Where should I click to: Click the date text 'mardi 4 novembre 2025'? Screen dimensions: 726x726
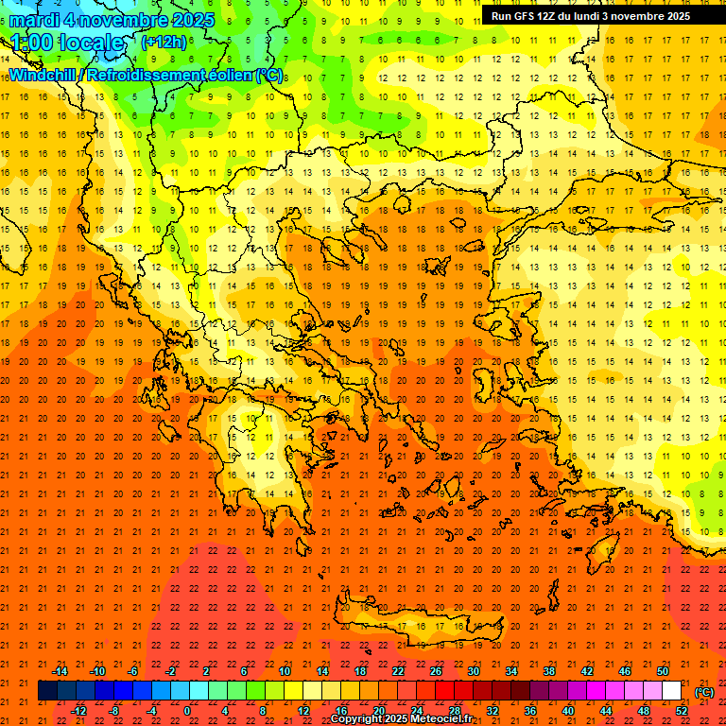(112, 20)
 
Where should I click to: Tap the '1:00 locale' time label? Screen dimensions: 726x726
(67, 43)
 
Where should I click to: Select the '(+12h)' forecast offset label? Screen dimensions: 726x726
(164, 42)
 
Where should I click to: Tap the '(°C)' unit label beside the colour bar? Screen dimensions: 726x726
(704, 692)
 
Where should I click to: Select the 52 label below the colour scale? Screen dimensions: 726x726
(683, 711)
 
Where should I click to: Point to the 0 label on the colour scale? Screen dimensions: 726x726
(187, 711)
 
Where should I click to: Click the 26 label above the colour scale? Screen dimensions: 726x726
(436, 671)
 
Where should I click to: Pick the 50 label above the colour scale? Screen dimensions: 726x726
(663, 671)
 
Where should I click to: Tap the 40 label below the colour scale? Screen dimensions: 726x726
(568, 711)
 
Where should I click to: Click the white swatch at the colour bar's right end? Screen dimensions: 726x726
(672, 691)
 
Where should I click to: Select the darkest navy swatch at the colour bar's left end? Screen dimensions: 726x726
(48, 691)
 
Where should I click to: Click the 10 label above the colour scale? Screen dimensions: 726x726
(284, 671)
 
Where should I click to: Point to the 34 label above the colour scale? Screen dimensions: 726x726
(511, 671)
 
